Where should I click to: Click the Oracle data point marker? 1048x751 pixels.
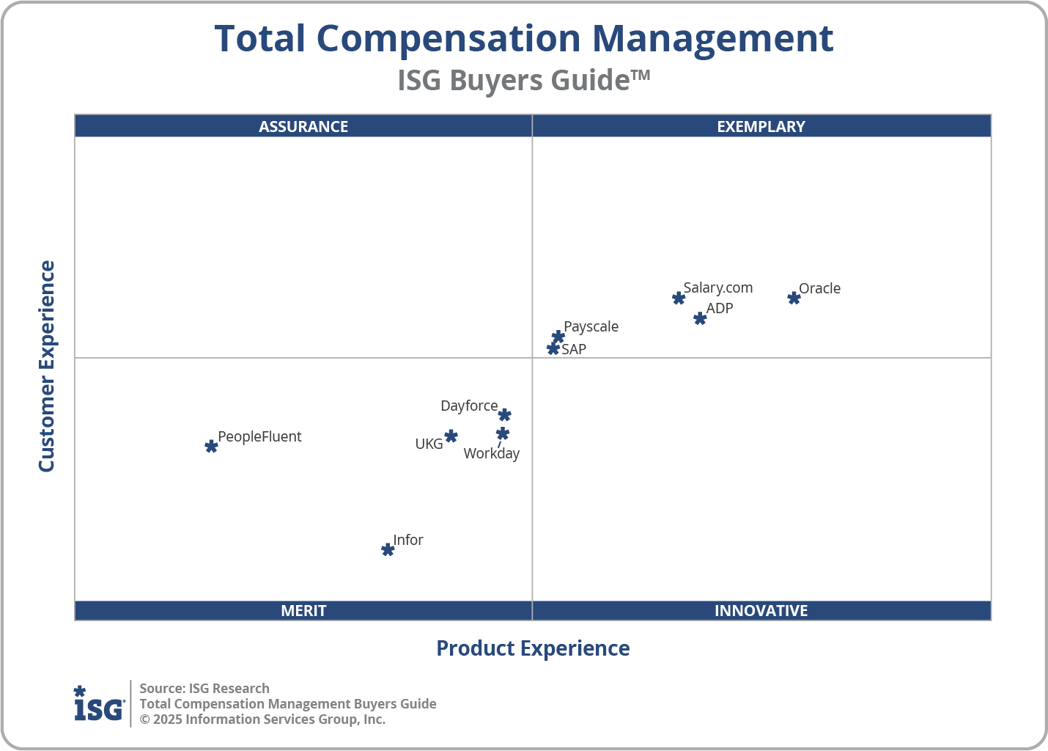(794, 298)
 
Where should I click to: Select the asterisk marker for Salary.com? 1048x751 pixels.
(679, 298)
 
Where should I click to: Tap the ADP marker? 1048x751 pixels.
(700, 318)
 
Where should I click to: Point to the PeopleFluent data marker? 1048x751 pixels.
(211, 446)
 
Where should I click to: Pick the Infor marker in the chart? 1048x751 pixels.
(388, 549)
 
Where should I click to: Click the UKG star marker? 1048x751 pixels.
(451, 436)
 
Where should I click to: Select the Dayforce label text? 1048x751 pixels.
(469, 406)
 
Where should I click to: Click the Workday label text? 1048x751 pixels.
(491, 453)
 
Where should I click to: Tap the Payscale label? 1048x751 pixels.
(591, 326)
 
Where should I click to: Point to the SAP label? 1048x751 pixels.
(574, 349)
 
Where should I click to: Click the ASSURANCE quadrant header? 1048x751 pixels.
(303, 126)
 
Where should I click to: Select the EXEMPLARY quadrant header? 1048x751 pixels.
(761, 126)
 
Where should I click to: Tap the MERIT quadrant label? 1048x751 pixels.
(303, 610)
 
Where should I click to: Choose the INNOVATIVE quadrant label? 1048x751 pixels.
(761, 610)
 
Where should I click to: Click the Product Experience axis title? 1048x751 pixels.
(533, 648)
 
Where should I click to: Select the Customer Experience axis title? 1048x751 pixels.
(47, 366)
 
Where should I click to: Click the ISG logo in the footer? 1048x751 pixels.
(99, 704)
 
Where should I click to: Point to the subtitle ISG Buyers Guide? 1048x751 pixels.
(523, 80)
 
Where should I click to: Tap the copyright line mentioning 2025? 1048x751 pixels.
(262, 719)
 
